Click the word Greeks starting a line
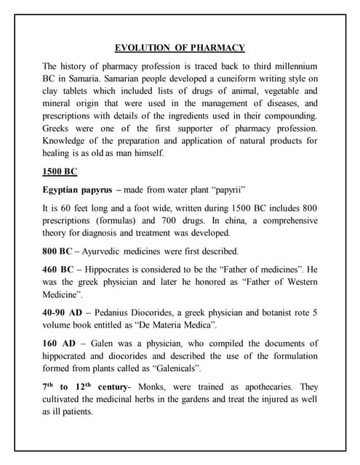59,129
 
